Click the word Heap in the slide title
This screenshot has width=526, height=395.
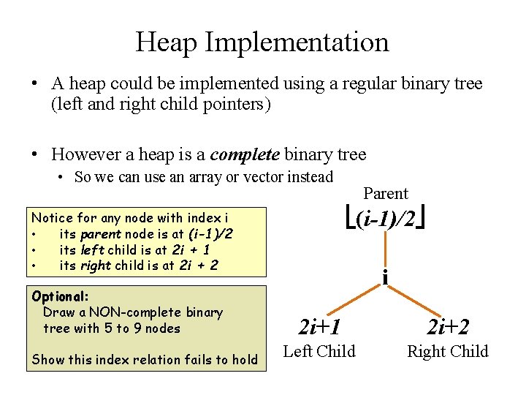167,42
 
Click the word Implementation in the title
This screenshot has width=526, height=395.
297,42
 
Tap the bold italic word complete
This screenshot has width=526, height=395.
244,154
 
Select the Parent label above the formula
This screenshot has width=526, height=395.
386,194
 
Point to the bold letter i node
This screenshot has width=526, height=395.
384,277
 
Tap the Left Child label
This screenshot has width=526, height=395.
319,351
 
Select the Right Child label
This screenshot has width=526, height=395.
448,351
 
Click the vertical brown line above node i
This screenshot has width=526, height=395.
384,249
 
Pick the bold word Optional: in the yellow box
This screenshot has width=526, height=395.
60,296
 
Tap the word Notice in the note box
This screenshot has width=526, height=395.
51,218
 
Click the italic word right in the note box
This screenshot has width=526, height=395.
95,266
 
